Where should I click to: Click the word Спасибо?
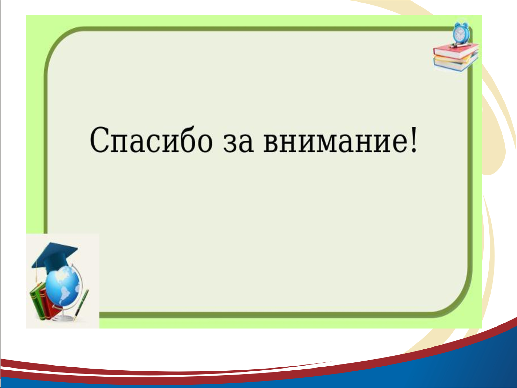coord(151,140)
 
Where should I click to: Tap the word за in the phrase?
coord(238,143)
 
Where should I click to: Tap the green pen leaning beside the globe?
coord(82,305)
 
